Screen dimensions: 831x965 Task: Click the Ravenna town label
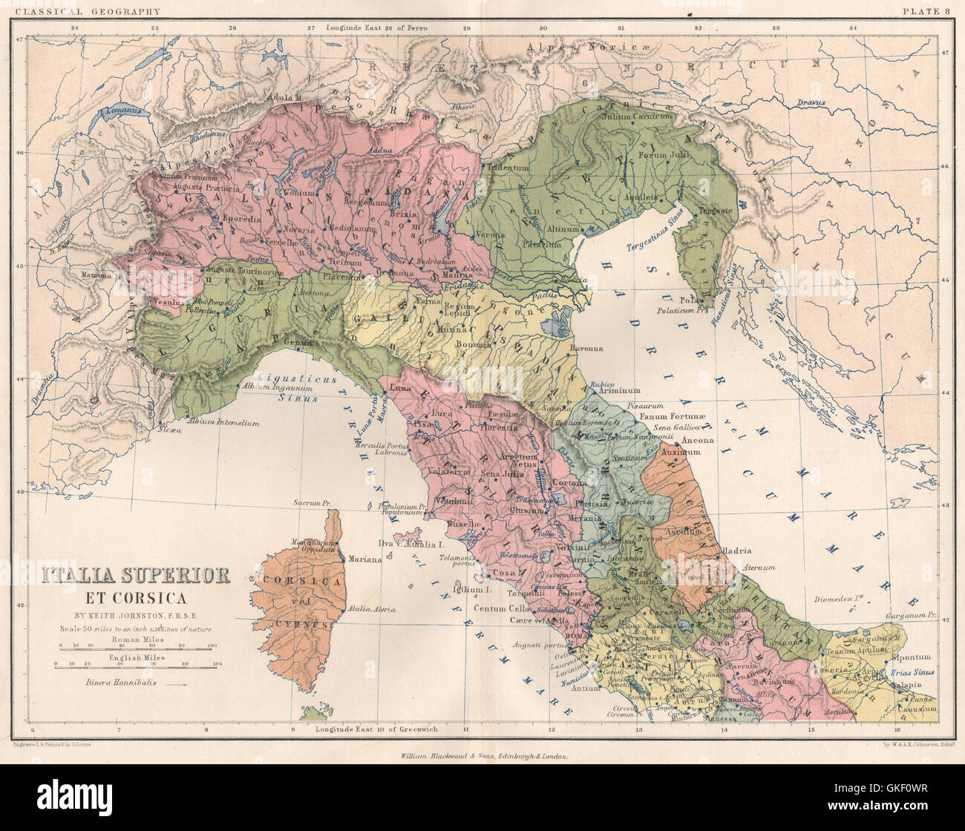(586, 348)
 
